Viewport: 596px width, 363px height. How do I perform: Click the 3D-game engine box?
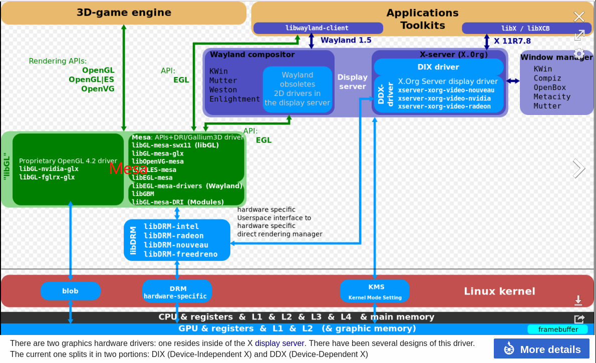coord(124,13)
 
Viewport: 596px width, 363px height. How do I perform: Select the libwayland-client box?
coord(317,28)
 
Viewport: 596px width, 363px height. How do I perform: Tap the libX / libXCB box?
coord(525,28)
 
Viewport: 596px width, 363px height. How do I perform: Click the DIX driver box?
coord(438,67)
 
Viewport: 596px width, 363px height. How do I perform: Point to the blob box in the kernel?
coord(70,291)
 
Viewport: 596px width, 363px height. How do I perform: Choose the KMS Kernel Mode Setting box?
coord(375,291)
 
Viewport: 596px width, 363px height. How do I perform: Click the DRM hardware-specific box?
coord(177,292)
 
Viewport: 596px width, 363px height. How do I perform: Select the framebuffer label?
coord(558,329)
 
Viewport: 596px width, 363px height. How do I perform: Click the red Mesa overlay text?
coord(128,168)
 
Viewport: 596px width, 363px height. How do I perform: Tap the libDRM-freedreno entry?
coord(180,254)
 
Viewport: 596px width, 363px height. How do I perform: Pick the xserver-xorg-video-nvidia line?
coord(444,98)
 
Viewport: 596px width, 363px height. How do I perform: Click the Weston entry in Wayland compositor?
coord(223,90)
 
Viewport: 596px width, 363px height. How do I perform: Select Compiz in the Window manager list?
coord(547,78)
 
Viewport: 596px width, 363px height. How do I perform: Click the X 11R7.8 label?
coord(512,41)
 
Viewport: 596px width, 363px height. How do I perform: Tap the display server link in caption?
coord(279,343)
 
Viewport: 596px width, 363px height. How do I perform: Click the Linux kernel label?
coord(499,291)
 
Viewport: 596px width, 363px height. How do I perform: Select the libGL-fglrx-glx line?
coord(47,177)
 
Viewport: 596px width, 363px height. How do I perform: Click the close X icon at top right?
coord(579,16)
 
